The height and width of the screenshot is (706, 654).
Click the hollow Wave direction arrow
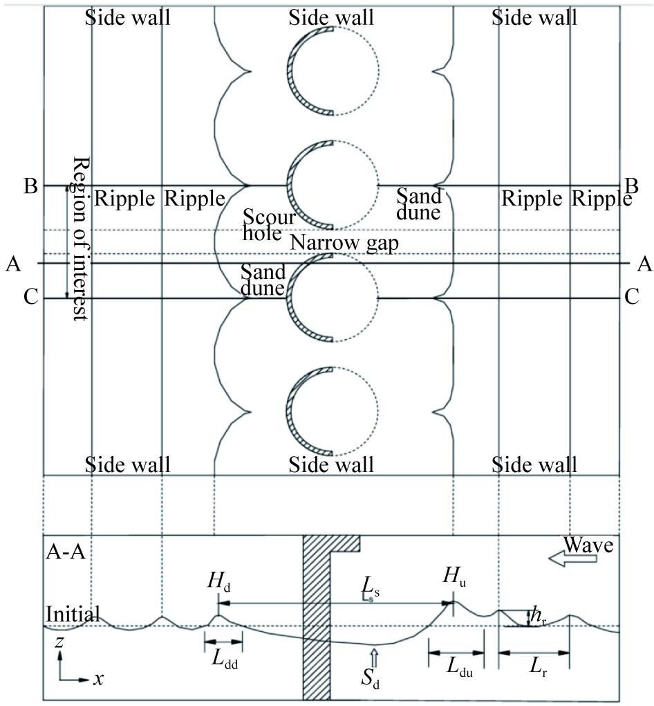click(x=572, y=559)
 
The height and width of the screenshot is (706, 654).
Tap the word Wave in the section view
click(x=588, y=545)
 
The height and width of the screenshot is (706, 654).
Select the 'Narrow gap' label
click(x=344, y=243)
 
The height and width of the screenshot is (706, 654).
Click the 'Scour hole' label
click(x=269, y=225)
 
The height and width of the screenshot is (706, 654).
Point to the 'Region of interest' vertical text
click(x=81, y=239)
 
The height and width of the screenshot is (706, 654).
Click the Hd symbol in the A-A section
click(x=219, y=581)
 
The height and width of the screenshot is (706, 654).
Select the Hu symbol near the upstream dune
click(x=454, y=577)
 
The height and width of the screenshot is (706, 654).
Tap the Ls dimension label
click(x=371, y=587)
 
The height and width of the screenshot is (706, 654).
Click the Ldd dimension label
click(x=225, y=660)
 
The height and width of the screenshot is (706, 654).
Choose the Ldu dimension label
click(x=459, y=667)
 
